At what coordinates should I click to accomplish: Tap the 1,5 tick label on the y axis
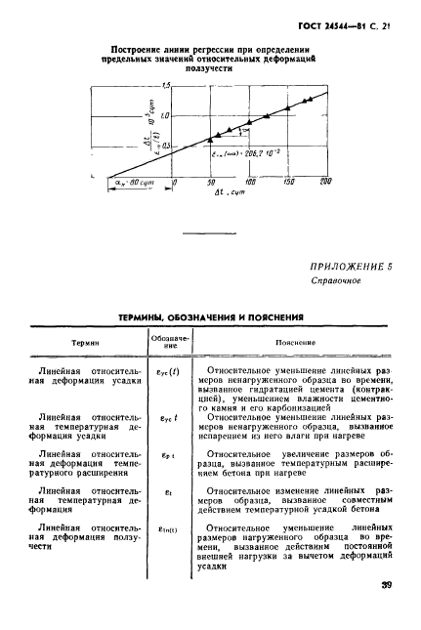pos(165,87)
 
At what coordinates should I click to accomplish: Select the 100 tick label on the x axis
pos(223,182)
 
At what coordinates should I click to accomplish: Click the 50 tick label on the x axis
pos(185,183)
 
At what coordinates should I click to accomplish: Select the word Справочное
pos(336,281)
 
